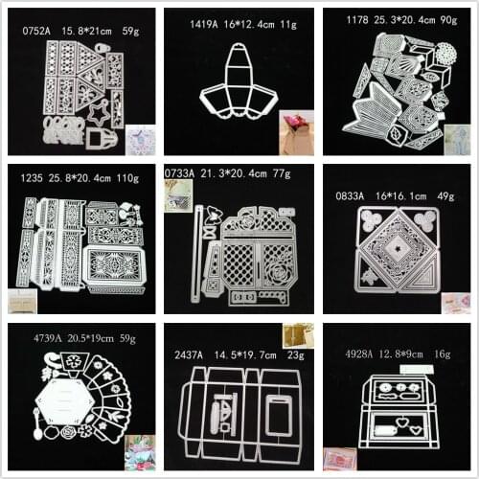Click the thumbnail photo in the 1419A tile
[296, 130]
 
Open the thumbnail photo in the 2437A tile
[298, 336]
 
